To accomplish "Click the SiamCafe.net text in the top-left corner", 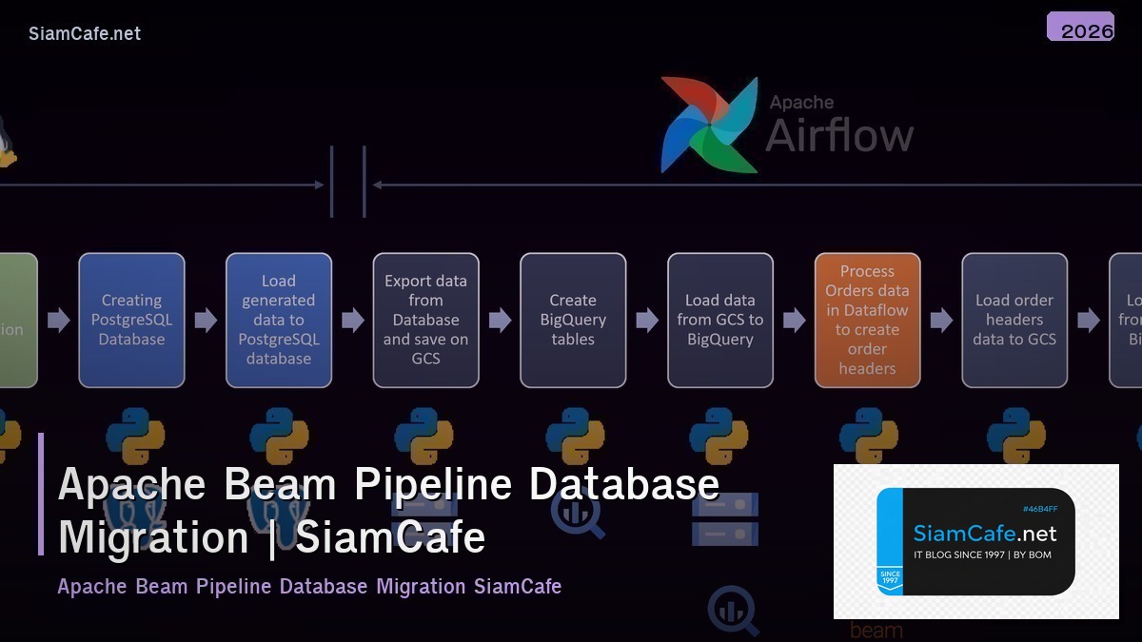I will coord(85,33).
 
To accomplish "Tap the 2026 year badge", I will coord(1080,28).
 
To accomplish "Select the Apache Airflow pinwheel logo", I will coord(709,125).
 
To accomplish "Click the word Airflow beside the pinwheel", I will coord(839,135).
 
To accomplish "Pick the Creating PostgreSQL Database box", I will coord(131,320).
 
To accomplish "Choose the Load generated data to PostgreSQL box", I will coord(279,320).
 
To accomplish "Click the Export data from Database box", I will coord(425,320).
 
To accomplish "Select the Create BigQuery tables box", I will coord(573,320).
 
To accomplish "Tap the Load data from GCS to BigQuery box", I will coord(720,320).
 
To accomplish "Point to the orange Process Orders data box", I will coord(867,320).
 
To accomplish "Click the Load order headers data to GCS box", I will coord(1014,320).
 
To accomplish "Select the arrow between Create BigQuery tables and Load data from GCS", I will coord(647,320).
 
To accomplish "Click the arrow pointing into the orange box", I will coord(795,320).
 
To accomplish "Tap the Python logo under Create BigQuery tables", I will coord(575,437).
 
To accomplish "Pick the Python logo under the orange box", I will coord(868,437).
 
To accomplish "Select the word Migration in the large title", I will coord(153,537).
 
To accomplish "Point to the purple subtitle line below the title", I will coord(309,586).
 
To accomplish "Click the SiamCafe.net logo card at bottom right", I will coord(975,542).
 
